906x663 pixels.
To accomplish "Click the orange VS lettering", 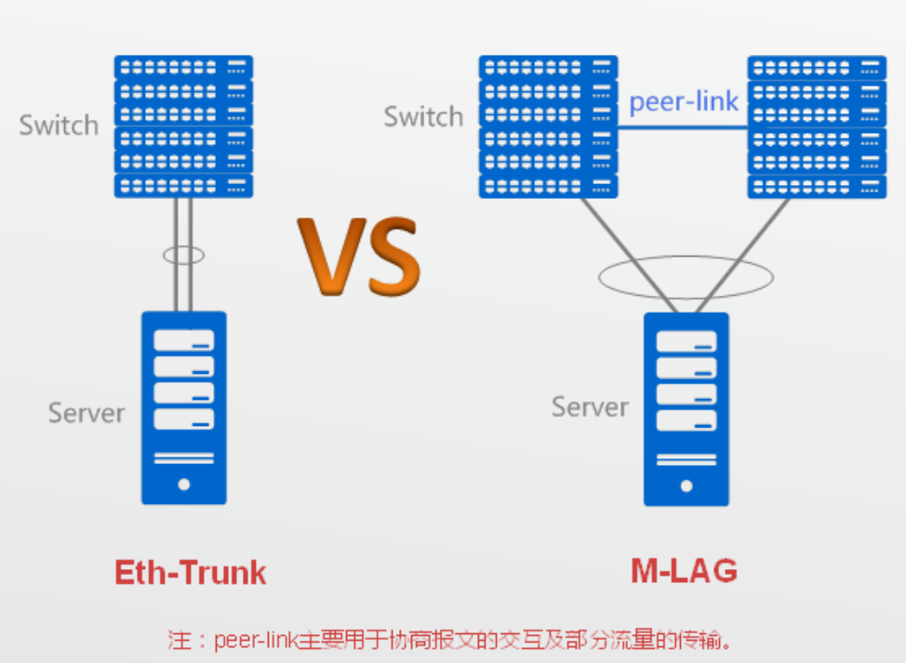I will tap(359, 257).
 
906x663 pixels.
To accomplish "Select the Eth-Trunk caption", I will tap(191, 572).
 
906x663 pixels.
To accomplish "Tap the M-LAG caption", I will tap(684, 570).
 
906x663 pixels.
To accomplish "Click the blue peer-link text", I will tap(684, 101).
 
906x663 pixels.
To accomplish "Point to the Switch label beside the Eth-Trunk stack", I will tap(59, 126).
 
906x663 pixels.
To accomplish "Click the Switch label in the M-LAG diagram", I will tap(423, 117).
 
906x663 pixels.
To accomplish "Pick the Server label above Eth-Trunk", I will tap(87, 413).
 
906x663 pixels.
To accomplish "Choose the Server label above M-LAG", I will tap(590, 407).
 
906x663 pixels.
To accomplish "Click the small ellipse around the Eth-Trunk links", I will tap(183, 254).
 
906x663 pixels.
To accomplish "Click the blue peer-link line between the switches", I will tap(684, 128).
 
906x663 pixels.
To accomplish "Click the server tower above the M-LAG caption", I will tap(686, 409).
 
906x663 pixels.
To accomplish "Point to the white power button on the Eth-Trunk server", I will tap(183, 484).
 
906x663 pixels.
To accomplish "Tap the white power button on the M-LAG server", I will tap(686, 485).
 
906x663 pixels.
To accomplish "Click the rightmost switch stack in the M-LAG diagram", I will tap(817, 126).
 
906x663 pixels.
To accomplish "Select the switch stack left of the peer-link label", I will tap(548, 126).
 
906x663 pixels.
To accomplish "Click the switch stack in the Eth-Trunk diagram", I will tap(183, 126).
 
